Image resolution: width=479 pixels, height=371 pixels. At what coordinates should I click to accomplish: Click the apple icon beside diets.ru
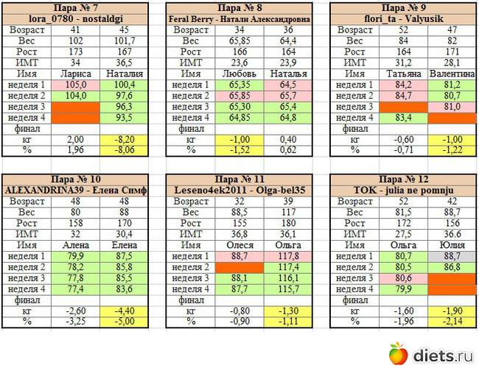click(397, 354)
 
